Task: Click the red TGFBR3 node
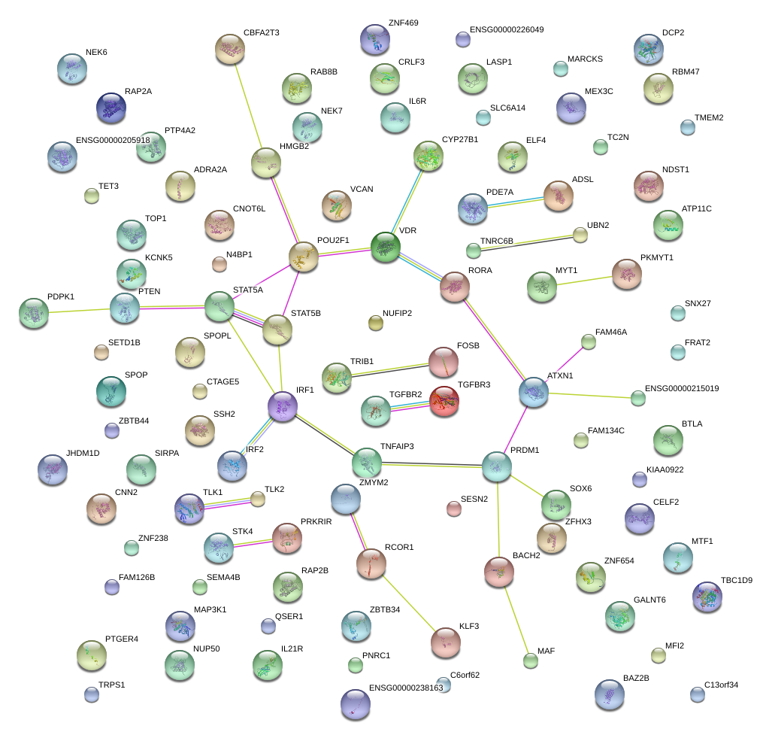(444, 401)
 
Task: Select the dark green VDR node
(386, 247)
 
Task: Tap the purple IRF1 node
(283, 406)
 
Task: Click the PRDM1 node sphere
(496, 466)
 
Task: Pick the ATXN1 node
(534, 392)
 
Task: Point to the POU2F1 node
(304, 257)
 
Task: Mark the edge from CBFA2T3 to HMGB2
(248, 105)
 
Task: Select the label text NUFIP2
(397, 313)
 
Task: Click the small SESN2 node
(453, 509)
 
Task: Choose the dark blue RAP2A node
(111, 108)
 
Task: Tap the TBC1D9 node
(707, 596)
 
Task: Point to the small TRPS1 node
(92, 694)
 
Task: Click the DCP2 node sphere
(648, 49)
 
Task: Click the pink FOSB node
(444, 363)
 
